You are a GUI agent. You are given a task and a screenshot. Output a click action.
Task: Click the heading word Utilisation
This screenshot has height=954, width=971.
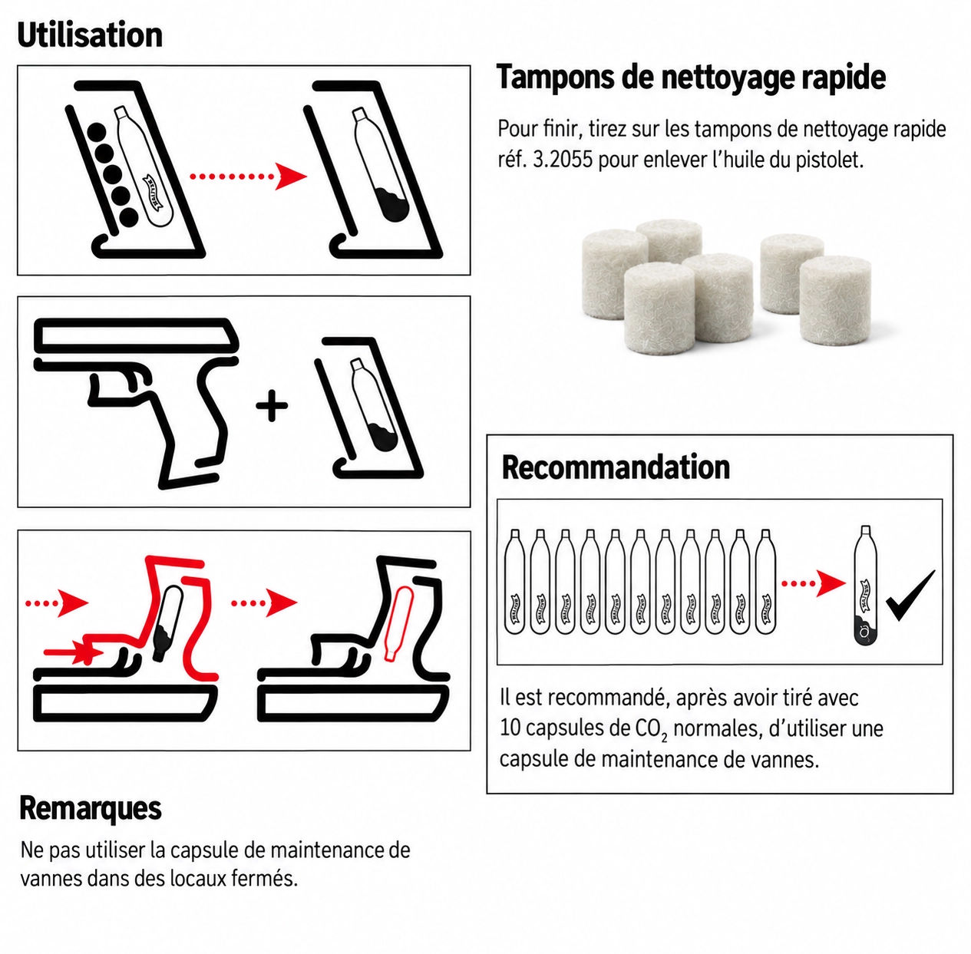[x=90, y=35]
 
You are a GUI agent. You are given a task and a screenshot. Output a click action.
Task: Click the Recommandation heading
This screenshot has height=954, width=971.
[x=616, y=467]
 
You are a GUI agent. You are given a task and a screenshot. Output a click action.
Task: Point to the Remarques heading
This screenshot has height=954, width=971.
[x=91, y=808]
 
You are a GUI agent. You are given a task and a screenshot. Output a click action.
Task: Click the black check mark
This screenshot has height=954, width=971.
[x=910, y=596]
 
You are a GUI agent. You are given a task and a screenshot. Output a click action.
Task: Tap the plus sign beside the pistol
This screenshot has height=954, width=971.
[x=272, y=405]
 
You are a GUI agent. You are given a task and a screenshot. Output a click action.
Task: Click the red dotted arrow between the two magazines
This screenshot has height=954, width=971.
[x=248, y=177]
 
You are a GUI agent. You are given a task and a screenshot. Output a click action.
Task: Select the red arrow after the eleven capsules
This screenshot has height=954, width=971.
[x=813, y=583]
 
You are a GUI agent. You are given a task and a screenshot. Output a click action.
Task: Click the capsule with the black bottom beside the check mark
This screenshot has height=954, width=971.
[x=865, y=586]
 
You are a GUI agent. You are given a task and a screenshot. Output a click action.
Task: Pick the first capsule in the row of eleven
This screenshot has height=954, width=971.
[x=514, y=581]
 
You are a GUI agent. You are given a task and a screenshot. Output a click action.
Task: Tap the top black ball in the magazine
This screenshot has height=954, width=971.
[x=96, y=133]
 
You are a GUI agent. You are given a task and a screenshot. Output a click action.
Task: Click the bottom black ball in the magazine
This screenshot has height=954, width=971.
[x=129, y=217]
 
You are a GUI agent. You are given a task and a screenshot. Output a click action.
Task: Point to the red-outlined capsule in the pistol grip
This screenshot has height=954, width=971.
[x=398, y=623]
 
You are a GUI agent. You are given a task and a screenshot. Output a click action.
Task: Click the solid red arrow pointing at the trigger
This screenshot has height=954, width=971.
[x=74, y=652]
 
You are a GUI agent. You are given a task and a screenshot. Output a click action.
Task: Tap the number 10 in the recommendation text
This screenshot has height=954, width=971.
[x=510, y=728]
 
